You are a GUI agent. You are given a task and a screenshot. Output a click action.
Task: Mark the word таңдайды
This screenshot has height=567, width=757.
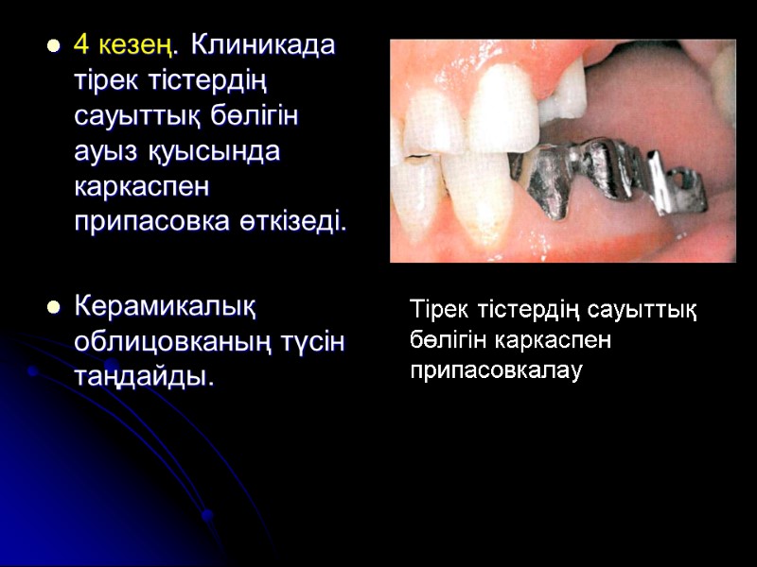coord(144,377)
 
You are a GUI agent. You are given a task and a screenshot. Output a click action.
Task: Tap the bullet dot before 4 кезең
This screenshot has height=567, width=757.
coord(53,45)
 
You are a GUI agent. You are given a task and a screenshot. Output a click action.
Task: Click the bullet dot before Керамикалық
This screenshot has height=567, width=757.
coord(53,306)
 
